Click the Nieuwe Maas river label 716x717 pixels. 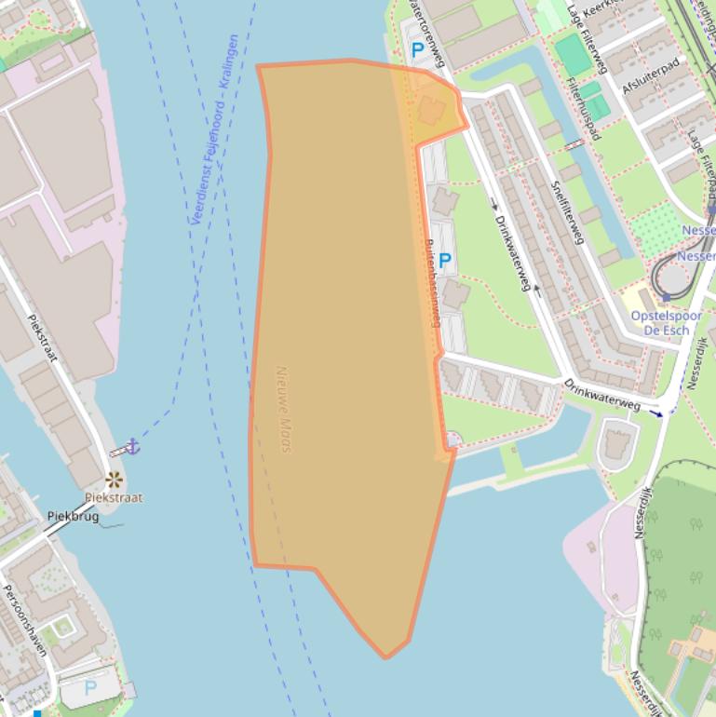click(284, 409)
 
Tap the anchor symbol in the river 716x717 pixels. click(132, 446)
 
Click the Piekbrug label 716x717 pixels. click(73, 516)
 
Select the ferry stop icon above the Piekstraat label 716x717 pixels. click(114, 480)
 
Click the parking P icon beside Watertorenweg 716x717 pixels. click(417, 49)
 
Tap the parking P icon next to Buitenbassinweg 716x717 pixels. click(444, 261)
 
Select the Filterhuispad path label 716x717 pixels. click(583, 108)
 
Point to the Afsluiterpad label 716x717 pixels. click(651, 74)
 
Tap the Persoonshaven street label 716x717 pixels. click(23, 620)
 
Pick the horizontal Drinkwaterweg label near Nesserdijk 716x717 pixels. click(601, 392)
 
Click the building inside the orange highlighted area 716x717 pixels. click(430, 111)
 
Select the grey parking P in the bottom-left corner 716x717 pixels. click(90, 688)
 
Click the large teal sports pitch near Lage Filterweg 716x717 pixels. click(573, 55)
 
